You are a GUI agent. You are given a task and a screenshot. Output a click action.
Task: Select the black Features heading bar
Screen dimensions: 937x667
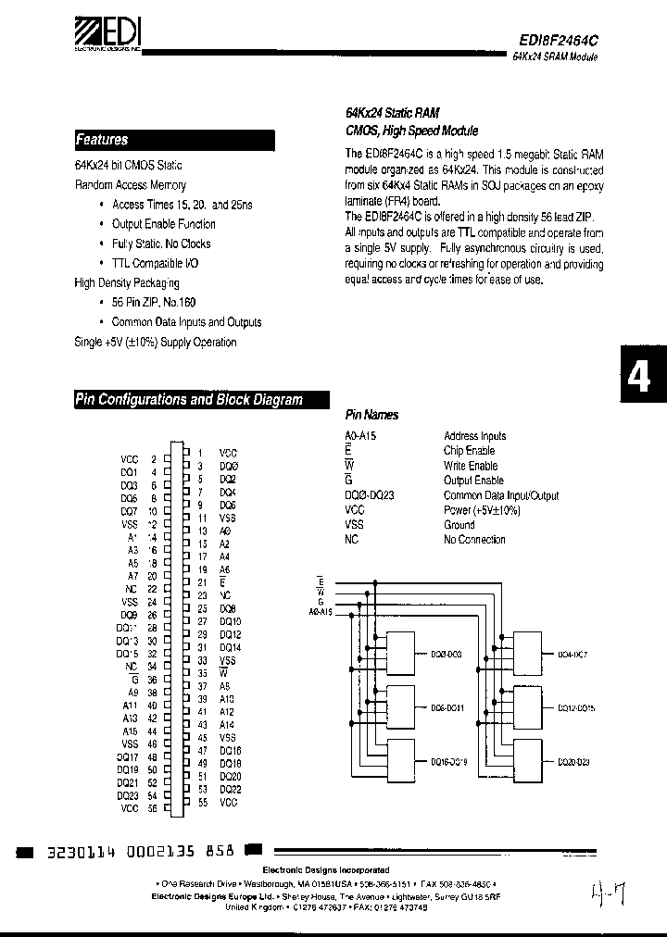click(x=174, y=141)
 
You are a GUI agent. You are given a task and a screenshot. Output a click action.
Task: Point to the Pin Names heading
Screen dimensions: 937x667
click(x=372, y=416)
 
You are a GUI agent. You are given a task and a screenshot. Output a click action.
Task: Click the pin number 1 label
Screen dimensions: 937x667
click(x=199, y=451)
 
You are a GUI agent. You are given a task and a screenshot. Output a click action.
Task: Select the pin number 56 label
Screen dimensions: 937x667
click(x=153, y=808)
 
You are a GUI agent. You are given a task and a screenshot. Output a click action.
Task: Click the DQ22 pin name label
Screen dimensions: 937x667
click(x=230, y=789)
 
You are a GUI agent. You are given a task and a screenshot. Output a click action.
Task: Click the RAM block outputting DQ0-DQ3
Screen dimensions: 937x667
click(x=403, y=654)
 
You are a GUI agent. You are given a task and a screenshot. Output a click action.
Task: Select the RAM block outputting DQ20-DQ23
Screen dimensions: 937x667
click(x=530, y=761)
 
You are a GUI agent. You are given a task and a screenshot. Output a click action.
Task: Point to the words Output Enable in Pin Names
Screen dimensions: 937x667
click(x=473, y=481)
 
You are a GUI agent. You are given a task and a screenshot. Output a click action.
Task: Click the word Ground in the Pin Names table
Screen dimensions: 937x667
click(x=459, y=525)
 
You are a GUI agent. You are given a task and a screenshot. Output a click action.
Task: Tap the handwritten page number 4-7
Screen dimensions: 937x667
click(x=608, y=895)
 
